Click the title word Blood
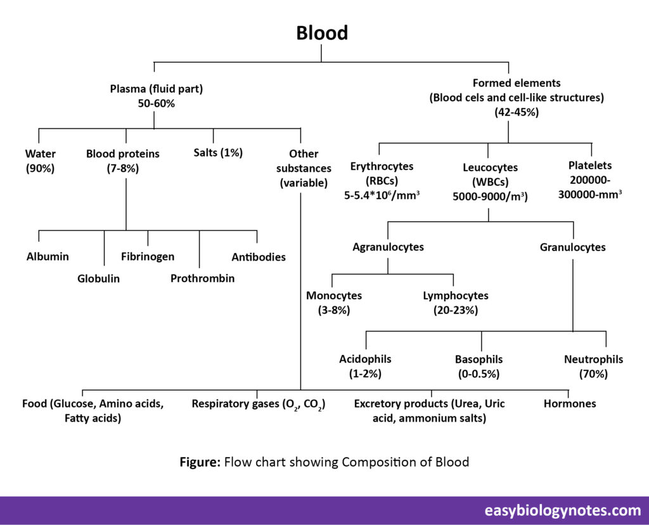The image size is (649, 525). (322, 33)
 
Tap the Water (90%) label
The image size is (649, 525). (40, 160)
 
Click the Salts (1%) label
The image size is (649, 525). (217, 152)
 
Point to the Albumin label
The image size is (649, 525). (48, 257)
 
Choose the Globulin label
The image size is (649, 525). (98, 278)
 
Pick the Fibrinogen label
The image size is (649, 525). (148, 257)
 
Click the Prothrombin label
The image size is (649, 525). (202, 278)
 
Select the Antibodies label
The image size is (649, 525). (258, 257)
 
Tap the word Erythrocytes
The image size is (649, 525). (382, 166)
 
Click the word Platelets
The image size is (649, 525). (590, 165)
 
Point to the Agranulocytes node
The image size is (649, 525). (388, 247)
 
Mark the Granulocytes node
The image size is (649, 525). (572, 247)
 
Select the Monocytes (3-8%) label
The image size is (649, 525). (334, 302)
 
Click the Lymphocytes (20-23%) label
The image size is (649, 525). (456, 302)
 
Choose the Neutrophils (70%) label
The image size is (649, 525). (593, 366)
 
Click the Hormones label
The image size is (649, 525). (570, 403)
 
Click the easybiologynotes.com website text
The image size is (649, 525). (563, 510)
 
